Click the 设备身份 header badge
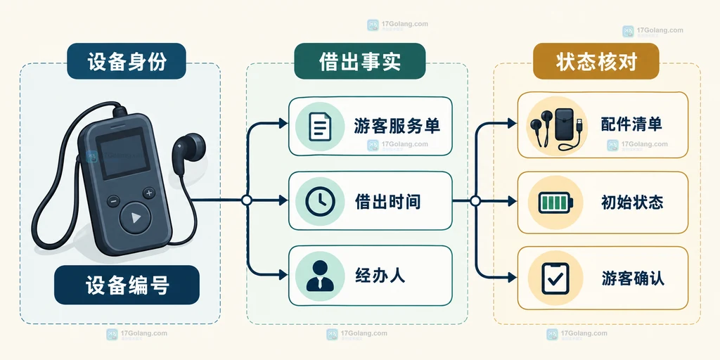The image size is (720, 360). [x=127, y=61]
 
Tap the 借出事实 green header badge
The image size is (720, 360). [x=359, y=61]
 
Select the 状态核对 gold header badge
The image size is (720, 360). [x=596, y=61]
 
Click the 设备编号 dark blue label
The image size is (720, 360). [x=127, y=285]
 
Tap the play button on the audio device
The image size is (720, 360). [x=135, y=218]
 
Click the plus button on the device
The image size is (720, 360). [x=149, y=193]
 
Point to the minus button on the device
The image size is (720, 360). [x=113, y=201]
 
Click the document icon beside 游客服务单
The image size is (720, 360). [x=320, y=127]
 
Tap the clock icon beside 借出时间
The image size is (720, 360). [x=320, y=201]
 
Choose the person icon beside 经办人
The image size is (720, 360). [x=320, y=276]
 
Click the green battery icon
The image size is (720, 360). [x=556, y=202]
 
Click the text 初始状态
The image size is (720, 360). [x=632, y=202]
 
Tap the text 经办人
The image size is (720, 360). [x=380, y=276]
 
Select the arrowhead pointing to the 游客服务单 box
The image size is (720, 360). [x=283, y=123]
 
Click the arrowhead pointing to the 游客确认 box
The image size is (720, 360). [x=511, y=277]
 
